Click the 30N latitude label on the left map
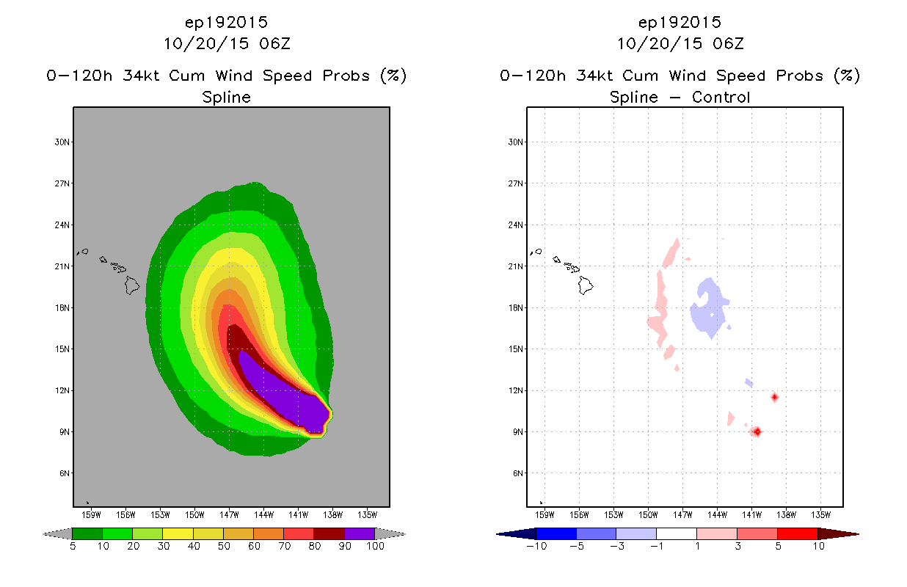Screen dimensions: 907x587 (x=62, y=142)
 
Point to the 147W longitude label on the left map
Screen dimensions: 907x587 (x=229, y=515)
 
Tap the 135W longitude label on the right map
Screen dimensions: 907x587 (x=820, y=515)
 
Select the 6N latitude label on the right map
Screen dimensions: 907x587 (x=518, y=473)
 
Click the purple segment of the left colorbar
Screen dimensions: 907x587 (x=360, y=533)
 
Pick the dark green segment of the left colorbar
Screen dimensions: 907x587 (x=87, y=533)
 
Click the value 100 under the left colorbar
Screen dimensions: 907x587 (x=376, y=546)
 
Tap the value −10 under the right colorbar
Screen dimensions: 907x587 (x=536, y=546)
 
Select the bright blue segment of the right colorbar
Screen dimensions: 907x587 (x=556, y=533)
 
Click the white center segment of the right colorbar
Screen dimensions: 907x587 (x=676, y=533)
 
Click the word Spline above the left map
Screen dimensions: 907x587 (x=226, y=98)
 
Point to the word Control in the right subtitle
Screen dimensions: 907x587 (x=721, y=97)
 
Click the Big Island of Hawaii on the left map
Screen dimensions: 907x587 (x=131, y=285)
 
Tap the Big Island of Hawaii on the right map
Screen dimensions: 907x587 (x=585, y=285)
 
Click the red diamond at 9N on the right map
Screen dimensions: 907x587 (x=757, y=431)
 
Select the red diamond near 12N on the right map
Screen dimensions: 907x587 (x=775, y=397)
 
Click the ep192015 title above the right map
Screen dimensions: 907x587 (x=680, y=22)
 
